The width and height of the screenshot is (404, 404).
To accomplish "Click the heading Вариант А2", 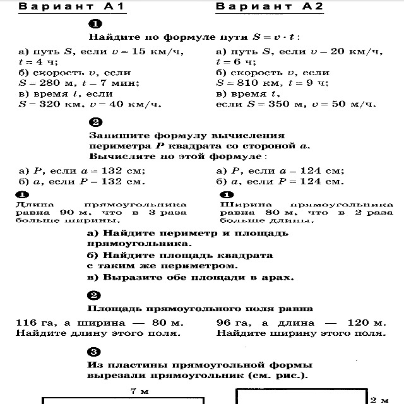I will (x=261, y=7).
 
